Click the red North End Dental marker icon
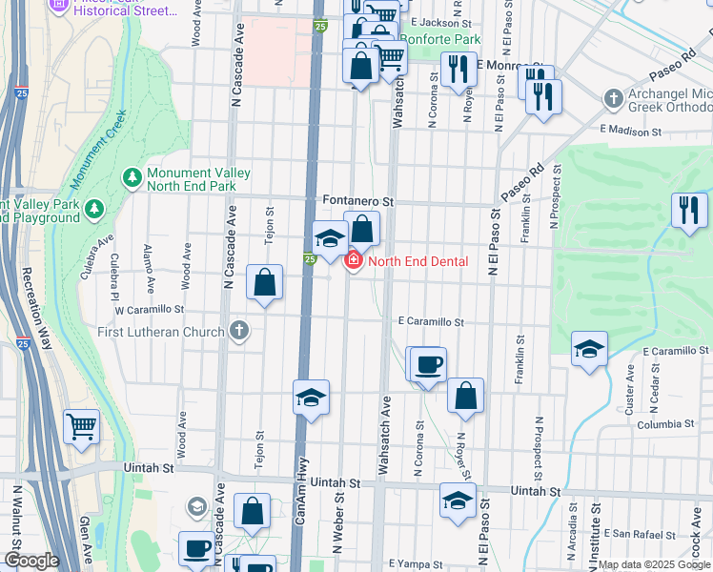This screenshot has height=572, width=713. [353, 260]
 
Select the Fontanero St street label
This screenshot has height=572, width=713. [357, 202]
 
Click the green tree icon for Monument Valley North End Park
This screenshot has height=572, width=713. [132, 177]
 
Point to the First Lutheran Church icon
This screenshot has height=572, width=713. [238, 332]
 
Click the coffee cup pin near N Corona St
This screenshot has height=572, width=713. [428, 363]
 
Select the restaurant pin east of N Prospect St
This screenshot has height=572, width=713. [688, 210]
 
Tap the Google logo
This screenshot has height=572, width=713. [31, 561]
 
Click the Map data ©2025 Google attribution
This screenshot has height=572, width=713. [653, 564]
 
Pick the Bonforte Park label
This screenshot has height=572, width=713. [439, 40]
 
